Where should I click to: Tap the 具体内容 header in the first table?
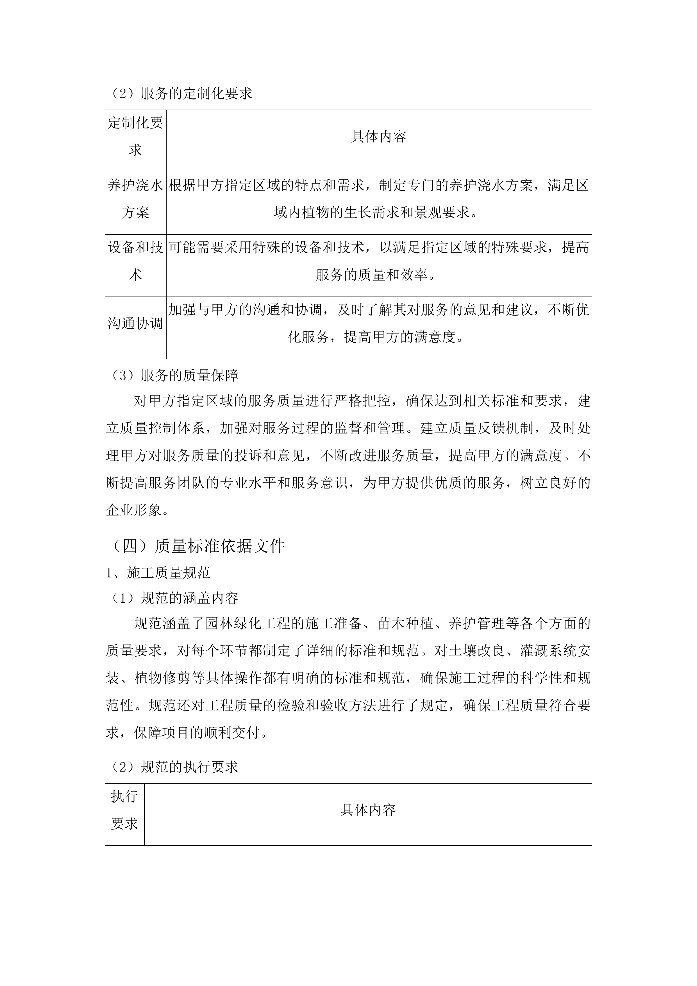[378, 137]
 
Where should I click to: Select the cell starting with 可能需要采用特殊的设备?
[378, 261]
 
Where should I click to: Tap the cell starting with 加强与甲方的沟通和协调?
[378, 323]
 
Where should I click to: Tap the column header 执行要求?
[124, 810]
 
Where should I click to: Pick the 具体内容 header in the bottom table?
[368, 810]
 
